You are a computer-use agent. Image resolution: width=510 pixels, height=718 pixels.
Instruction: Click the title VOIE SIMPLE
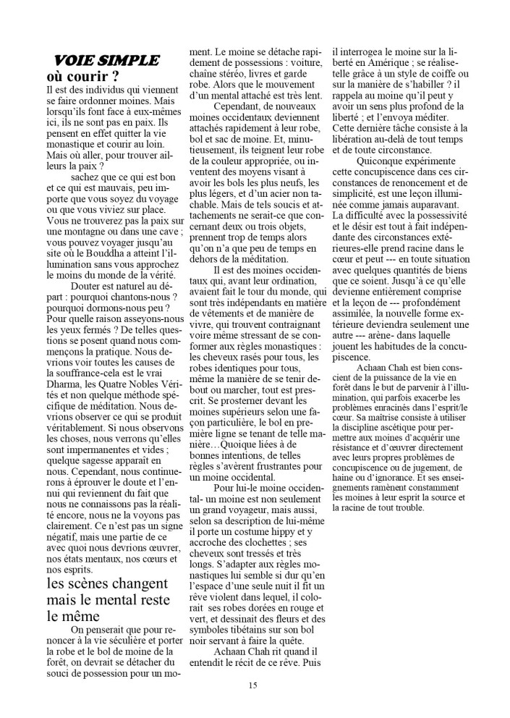pos(106,60)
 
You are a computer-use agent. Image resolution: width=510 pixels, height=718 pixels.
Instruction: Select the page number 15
pos(252,685)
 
